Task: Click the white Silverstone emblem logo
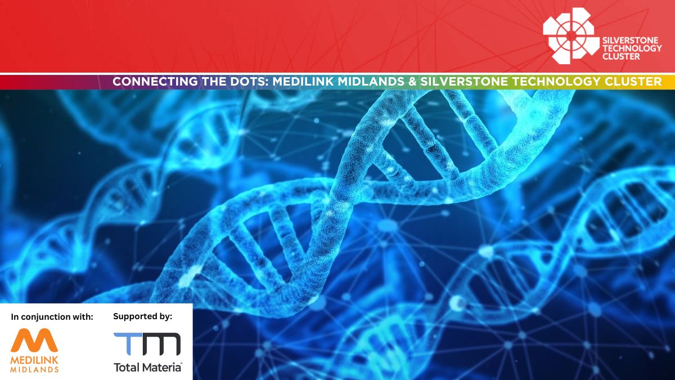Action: point(571,36)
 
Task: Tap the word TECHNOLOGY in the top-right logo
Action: point(632,48)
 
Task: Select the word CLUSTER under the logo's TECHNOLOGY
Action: point(621,56)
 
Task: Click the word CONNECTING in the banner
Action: point(155,82)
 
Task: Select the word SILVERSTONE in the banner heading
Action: point(464,82)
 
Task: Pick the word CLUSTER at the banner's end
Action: point(633,82)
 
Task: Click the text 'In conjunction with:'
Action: point(52,317)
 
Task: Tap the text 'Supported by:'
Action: point(142,316)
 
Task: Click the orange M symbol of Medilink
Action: point(34,340)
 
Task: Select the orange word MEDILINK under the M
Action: point(34,360)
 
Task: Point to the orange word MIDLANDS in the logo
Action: point(34,369)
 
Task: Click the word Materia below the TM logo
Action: point(161,367)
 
